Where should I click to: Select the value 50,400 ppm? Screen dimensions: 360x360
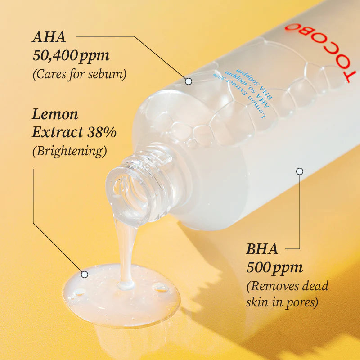click(x=71, y=55)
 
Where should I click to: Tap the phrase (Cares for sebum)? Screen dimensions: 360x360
click(x=79, y=74)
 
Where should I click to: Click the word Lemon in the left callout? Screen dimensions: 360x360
click(x=55, y=114)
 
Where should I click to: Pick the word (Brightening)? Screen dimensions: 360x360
click(x=69, y=151)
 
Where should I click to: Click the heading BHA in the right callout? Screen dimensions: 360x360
click(x=262, y=248)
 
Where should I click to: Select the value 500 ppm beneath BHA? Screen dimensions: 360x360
click(x=274, y=267)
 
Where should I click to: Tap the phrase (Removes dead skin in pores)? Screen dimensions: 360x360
click(x=287, y=293)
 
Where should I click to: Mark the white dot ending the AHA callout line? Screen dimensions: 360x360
click(x=189, y=81)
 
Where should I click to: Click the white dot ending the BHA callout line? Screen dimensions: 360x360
click(x=300, y=171)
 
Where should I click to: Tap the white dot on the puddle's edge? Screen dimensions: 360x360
click(x=84, y=274)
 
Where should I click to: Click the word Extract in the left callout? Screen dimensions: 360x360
click(x=58, y=132)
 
